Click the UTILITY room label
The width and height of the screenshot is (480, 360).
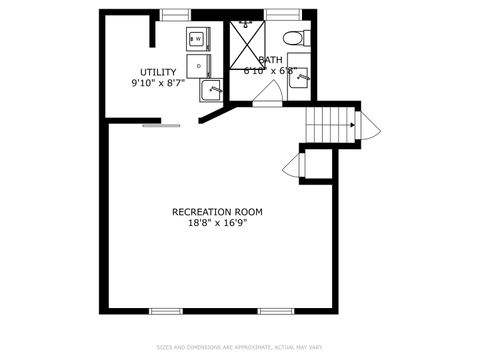coord(158,72)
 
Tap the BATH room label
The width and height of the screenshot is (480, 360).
coord(270,60)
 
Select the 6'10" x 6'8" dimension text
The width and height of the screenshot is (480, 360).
coord(269,71)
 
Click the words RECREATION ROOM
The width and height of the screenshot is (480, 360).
coord(217,211)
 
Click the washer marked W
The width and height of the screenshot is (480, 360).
coord(197,39)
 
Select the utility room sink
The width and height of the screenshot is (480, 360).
coord(211,91)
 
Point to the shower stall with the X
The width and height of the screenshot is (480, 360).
coord(246,40)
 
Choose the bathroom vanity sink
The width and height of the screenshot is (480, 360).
coord(299,79)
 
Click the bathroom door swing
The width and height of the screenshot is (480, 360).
coord(265,93)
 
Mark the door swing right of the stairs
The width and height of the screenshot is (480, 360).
coord(368,126)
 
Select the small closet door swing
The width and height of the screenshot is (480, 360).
coord(293,166)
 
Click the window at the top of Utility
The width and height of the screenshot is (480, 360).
coord(176,13)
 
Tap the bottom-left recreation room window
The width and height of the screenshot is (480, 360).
coord(166,311)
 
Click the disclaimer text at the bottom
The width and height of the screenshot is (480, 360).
coord(239,348)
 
